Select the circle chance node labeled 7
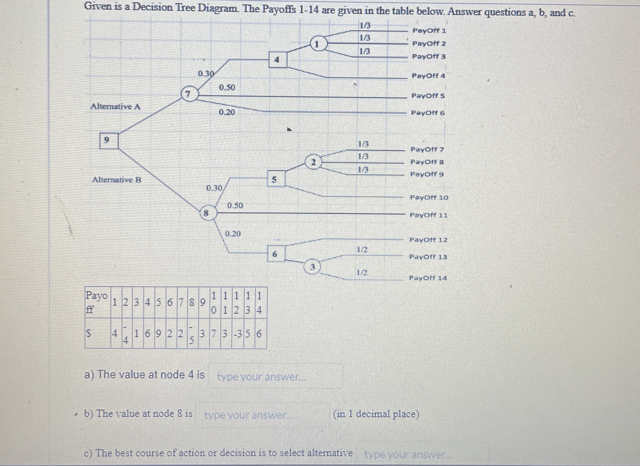[x=189, y=93]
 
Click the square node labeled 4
[x=278, y=59]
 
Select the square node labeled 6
[x=276, y=254]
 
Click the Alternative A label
[x=115, y=107]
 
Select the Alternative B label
[x=117, y=180]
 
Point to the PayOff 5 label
[x=428, y=96]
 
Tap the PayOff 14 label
[x=428, y=278]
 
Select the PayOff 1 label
[x=429, y=30]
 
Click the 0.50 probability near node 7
[x=227, y=88]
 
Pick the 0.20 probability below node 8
[x=233, y=234]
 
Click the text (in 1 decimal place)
[x=376, y=414]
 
